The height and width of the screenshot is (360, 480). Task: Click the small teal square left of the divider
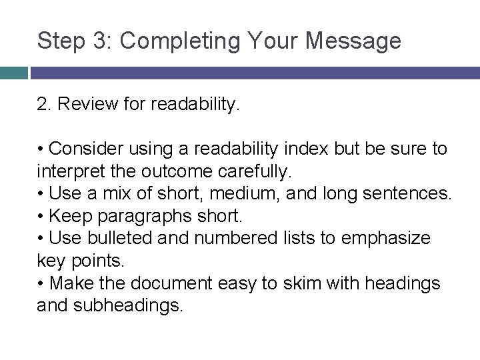click(13, 73)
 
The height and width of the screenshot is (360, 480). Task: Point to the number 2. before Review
click(44, 105)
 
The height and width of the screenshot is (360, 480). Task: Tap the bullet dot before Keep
click(41, 216)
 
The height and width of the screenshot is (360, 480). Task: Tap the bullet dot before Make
click(41, 284)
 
